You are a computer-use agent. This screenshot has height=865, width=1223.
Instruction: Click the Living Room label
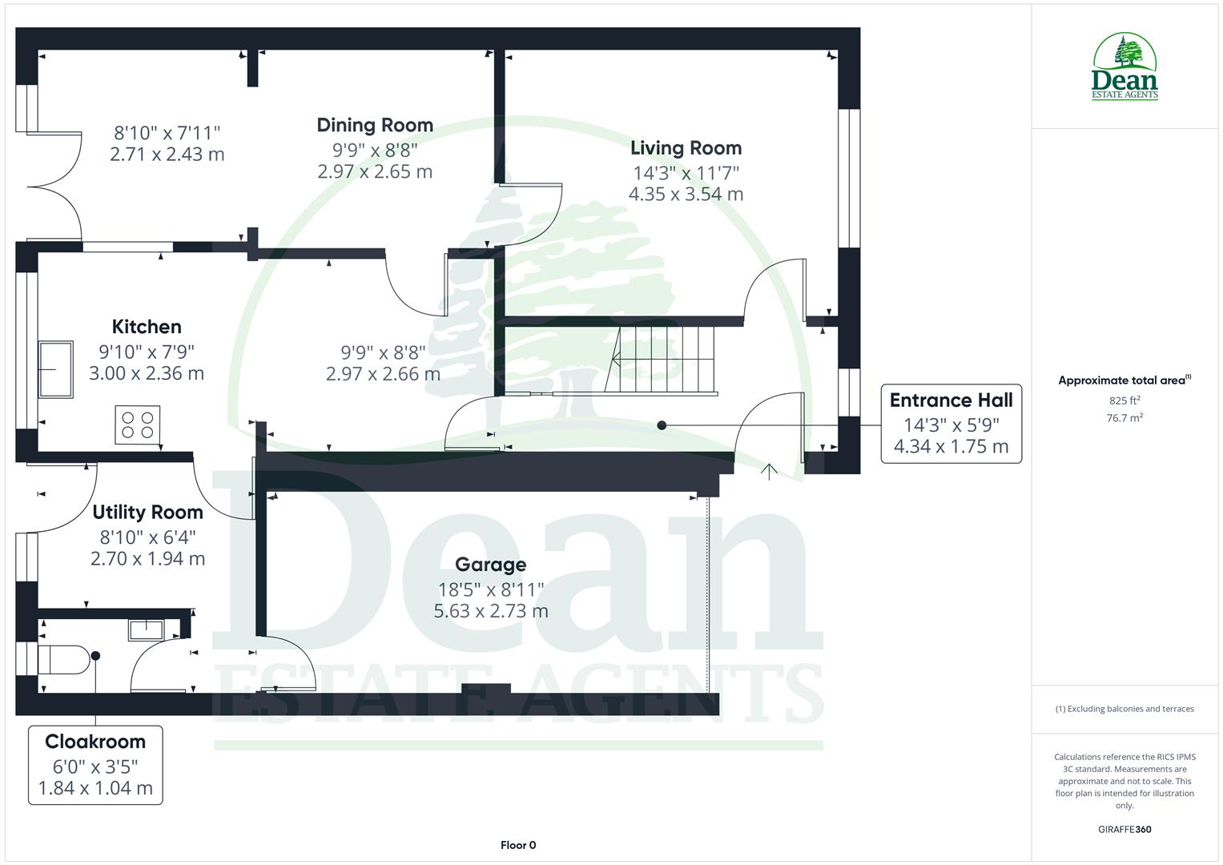[686, 148]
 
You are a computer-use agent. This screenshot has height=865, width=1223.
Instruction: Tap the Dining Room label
[375, 125]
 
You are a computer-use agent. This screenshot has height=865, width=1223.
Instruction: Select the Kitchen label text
[147, 327]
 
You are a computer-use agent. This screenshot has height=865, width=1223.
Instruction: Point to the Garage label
[490, 565]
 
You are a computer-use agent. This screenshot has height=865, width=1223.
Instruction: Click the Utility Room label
[147, 513]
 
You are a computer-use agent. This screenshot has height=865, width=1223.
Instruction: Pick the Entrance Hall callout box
[951, 424]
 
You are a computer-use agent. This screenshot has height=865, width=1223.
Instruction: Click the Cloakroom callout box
[95, 765]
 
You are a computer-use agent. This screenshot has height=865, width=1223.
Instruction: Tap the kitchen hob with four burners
[138, 424]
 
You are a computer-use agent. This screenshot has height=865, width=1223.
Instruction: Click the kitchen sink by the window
[55, 370]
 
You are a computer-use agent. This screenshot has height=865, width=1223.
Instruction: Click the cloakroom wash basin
[146, 630]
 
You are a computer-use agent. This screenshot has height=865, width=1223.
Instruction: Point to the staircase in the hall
[665, 360]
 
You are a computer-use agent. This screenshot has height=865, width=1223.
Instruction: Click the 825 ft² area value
[1124, 400]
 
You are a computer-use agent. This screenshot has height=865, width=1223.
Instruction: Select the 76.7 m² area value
[1124, 417]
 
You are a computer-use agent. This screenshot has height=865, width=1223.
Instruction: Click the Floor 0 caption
[518, 845]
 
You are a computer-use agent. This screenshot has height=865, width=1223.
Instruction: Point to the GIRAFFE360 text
[1124, 829]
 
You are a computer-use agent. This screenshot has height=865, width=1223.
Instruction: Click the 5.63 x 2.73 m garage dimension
[490, 611]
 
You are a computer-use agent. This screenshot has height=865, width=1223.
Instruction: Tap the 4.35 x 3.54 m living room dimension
[686, 194]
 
